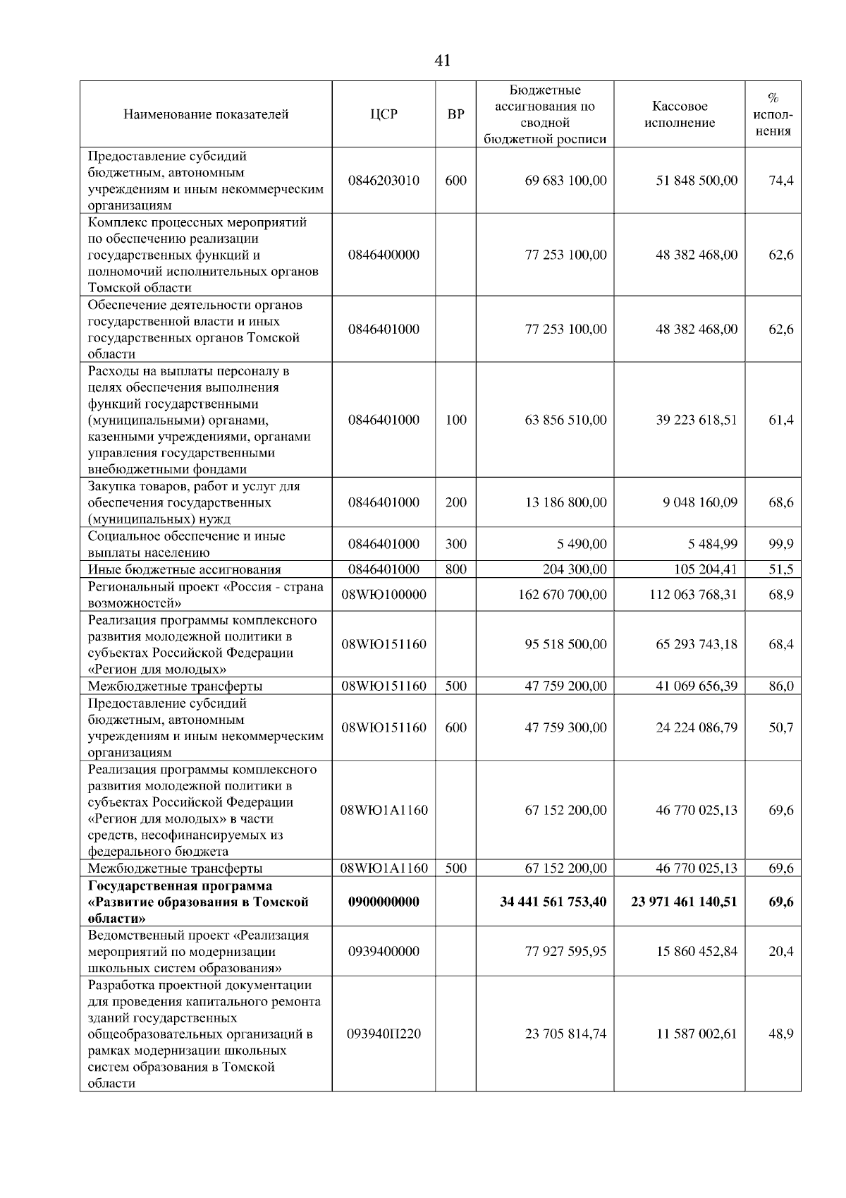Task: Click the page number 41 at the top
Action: (x=442, y=61)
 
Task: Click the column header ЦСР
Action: (x=384, y=114)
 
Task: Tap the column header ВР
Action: (x=455, y=114)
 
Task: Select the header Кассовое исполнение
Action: (x=679, y=114)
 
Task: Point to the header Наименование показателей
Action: (x=206, y=114)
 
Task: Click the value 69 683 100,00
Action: (x=565, y=181)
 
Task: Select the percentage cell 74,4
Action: (x=780, y=181)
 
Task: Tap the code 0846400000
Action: (x=384, y=255)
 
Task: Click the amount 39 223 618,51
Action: (x=696, y=420)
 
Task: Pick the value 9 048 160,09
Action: (x=699, y=502)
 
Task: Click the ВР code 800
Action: (x=455, y=569)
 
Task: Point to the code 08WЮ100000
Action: (x=384, y=595)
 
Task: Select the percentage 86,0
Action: (x=780, y=686)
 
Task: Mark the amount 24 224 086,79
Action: (x=696, y=727)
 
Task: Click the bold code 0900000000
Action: (x=384, y=902)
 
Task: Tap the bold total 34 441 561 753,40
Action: (x=553, y=902)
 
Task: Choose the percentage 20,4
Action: (x=780, y=951)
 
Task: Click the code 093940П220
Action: (x=384, y=1034)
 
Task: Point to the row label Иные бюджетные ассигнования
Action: (x=185, y=570)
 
